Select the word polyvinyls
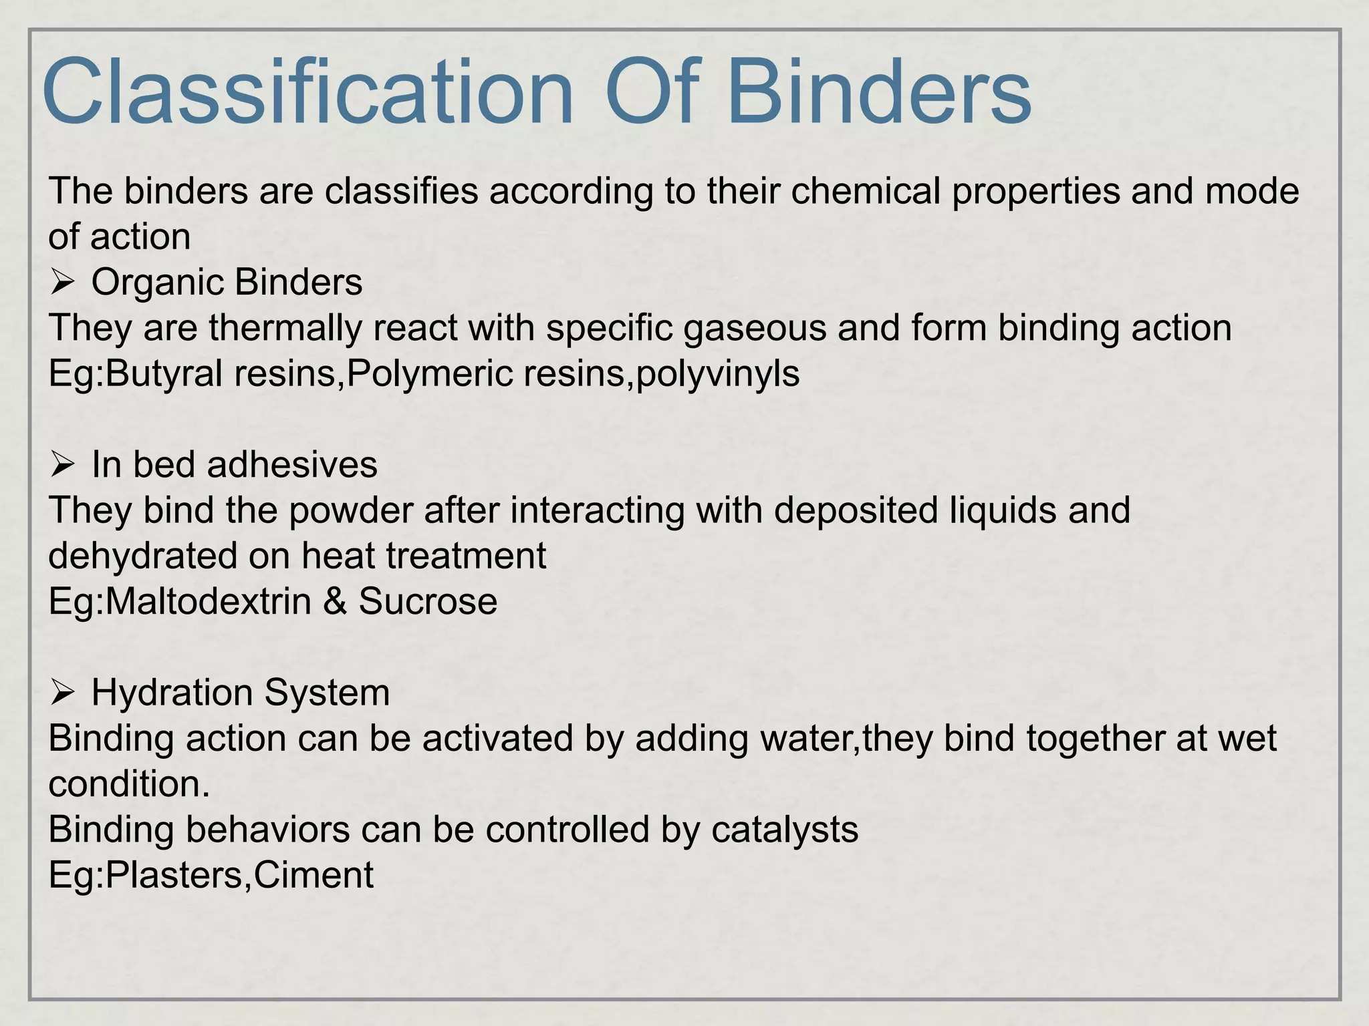click(x=717, y=373)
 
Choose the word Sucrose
click(x=428, y=601)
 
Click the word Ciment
click(x=314, y=875)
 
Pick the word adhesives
click(x=292, y=464)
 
